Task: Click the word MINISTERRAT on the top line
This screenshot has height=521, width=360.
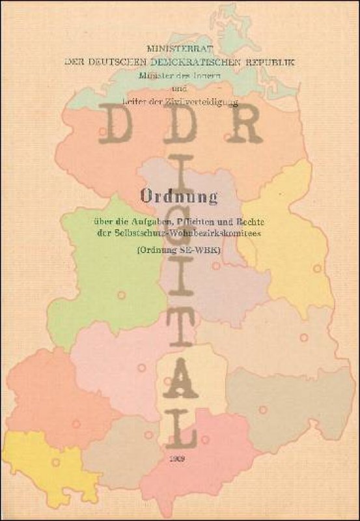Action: point(180,49)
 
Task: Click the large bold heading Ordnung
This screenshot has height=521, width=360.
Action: point(180,194)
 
